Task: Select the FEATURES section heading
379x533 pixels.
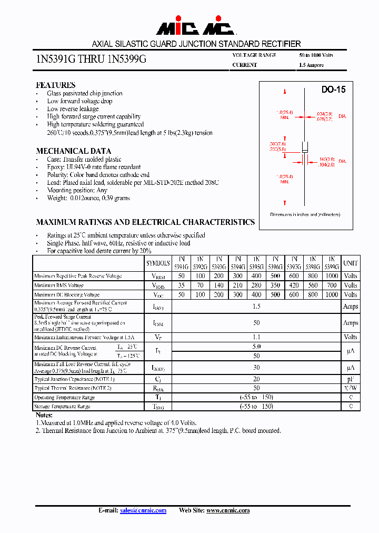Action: tap(55, 85)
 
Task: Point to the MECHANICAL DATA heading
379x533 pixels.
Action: tap(73, 151)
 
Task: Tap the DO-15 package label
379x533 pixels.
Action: tap(333, 90)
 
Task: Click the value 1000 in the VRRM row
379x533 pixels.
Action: tap(332, 276)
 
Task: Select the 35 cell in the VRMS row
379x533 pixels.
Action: tap(181, 285)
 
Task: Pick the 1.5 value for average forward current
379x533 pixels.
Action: tap(257, 306)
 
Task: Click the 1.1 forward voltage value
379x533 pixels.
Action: tap(257, 337)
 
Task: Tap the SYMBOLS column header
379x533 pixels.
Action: tap(158, 263)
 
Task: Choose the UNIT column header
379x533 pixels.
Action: tap(350, 263)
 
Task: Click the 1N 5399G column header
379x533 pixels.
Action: tap(332, 263)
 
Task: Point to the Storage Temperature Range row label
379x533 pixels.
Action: tap(62, 407)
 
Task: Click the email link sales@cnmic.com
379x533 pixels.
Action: tap(143, 510)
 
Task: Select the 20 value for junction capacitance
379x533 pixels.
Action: tap(257, 379)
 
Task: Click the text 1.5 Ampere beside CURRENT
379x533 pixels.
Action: tap(311, 65)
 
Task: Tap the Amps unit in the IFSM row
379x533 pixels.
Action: tap(350, 323)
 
